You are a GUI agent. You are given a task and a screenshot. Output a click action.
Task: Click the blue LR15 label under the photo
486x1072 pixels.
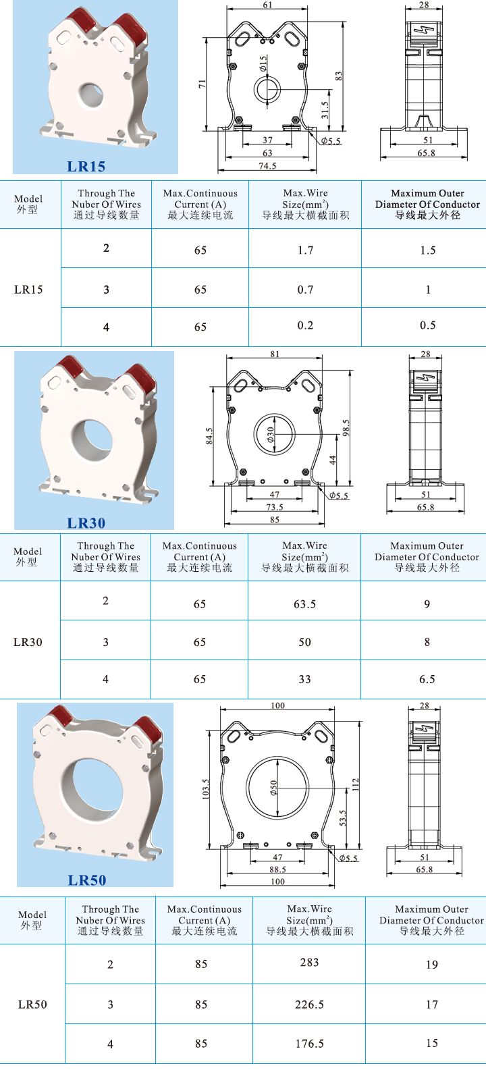coord(86,166)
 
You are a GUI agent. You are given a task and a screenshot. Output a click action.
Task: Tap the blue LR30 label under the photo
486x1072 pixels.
coord(86,522)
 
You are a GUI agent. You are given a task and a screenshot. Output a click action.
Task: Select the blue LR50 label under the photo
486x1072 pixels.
coord(87,880)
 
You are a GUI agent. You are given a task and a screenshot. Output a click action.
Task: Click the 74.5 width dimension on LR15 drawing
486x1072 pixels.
coord(267,165)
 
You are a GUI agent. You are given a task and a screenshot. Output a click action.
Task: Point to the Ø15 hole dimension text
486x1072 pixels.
coord(263,63)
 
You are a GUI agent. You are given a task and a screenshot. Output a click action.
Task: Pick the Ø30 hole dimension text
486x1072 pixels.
coord(271,433)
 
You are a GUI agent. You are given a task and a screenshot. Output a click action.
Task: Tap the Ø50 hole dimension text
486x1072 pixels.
coord(273,788)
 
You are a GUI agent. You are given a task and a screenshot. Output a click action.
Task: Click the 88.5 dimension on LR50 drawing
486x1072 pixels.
coord(277,869)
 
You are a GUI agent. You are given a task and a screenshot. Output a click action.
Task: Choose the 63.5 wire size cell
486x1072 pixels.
coord(304,604)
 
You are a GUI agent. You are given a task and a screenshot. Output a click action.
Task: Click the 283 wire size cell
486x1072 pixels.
coord(309,963)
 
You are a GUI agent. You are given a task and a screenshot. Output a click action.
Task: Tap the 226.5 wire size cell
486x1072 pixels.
coord(309,1004)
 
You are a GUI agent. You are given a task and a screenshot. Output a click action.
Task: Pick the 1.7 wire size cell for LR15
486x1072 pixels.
coord(305,250)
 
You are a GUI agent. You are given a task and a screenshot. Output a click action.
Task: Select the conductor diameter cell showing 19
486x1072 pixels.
coord(432,964)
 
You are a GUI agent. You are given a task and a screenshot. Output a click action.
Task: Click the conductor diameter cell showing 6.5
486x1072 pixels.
coord(427,679)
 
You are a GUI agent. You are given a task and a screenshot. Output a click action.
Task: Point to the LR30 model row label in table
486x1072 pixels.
coord(28,641)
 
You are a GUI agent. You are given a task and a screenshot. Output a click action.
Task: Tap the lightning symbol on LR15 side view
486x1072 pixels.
coord(425,31)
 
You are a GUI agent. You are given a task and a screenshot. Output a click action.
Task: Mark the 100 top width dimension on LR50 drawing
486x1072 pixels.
coord(277,705)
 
